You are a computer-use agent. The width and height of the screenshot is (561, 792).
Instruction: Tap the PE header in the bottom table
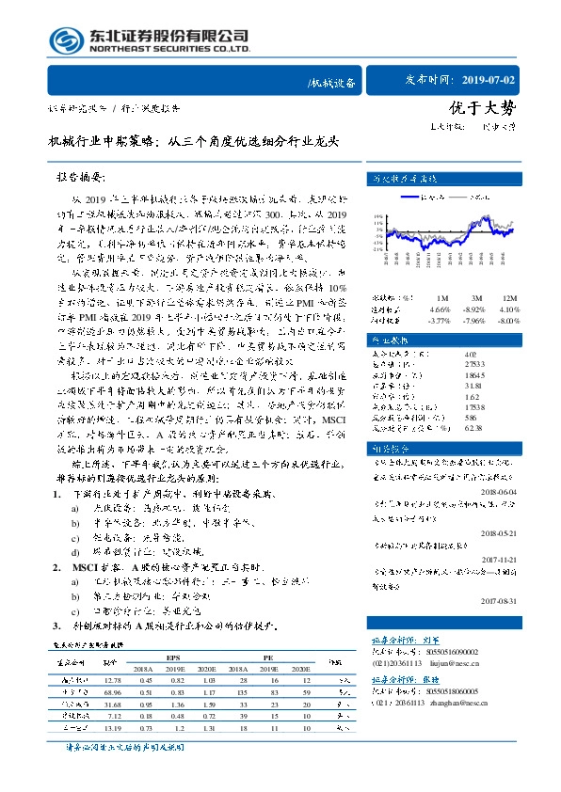pos(267,658)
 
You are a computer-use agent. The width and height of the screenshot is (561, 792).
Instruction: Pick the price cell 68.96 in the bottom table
pos(113,690)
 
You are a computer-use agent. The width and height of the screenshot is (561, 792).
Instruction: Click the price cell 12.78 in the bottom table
pos(113,679)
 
